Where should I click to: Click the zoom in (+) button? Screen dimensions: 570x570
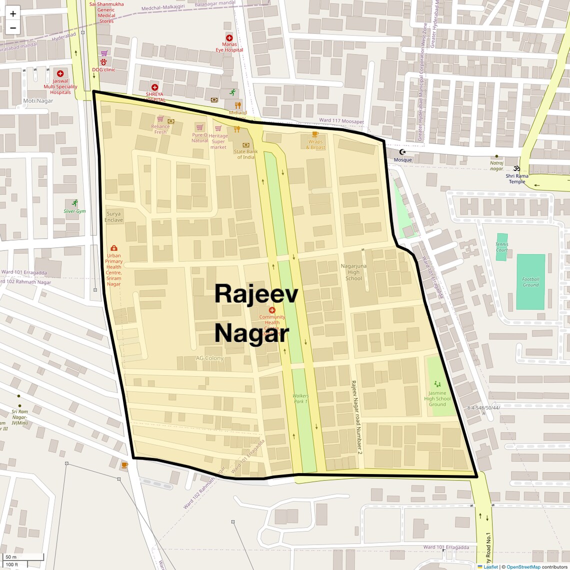[x=13, y=13]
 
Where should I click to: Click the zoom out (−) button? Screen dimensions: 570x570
[x=13, y=28]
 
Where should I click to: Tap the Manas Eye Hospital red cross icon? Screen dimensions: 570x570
[x=229, y=38]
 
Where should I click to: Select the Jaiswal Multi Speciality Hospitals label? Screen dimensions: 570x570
[x=60, y=86]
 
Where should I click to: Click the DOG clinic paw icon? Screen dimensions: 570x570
[x=103, y=62]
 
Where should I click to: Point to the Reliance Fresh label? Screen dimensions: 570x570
[x=160, y=129]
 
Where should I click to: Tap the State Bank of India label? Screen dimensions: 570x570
[x=245, y=154]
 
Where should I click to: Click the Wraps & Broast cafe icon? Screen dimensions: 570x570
[x=315, y=134]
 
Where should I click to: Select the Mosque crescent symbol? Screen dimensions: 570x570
[x=402, y=151]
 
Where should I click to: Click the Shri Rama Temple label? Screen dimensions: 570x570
[x=517, y=178]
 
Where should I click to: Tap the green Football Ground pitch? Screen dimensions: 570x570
[x=530, y=281]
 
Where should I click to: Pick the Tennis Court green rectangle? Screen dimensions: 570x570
[x=501, y=246]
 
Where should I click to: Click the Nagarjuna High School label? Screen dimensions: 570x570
[x=353, y=272]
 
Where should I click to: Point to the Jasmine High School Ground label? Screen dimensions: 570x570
[x=437, y=398]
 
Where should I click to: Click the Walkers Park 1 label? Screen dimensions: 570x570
[x=300, y=398]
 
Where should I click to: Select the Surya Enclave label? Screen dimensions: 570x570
[x=113, y=217]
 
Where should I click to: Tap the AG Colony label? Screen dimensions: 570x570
[x=209, y=358]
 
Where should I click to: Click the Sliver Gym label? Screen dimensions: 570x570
[x=74, y=211]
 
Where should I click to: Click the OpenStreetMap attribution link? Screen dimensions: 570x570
[x=523, y=566]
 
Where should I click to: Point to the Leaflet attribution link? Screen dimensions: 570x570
[x=490, y=566]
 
